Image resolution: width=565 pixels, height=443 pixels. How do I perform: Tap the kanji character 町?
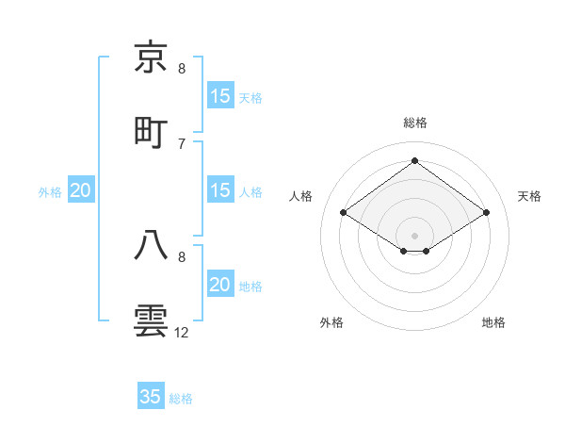pos(152,131)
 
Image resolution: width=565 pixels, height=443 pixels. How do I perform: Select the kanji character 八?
pos(152,244)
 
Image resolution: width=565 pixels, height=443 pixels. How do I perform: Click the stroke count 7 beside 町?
pos(182,143)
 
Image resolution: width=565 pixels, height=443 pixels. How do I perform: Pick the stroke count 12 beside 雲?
pos(182,333)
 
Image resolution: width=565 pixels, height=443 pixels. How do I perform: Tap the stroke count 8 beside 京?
pos(182,69)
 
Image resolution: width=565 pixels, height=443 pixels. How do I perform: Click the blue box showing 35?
pos(151,397)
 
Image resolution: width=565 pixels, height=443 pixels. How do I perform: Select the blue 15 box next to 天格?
pos(219,95)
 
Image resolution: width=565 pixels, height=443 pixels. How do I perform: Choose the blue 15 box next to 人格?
pos(219,190)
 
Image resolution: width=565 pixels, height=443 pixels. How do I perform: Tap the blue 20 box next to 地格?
pos(219,285)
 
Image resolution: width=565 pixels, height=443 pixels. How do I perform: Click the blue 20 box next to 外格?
pos(81,190)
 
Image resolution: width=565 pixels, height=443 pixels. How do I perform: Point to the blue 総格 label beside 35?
pos(181,399)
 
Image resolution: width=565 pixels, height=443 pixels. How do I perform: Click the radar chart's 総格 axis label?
pos(415,123)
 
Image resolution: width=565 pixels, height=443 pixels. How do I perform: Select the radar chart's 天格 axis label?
pos(529,196)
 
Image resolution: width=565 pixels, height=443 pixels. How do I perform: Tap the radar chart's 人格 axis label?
pos(301,196)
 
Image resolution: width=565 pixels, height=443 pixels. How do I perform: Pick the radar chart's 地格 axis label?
pos(493,322)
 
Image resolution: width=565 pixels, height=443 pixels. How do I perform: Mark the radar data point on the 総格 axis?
pos(415,160)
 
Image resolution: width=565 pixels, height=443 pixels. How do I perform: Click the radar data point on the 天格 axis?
pos(487,213)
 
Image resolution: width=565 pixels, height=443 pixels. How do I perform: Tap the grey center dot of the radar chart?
pos(415,235)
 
